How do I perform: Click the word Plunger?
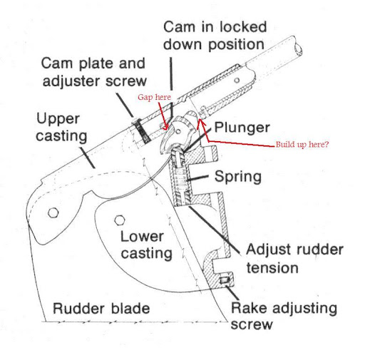pos(242,128)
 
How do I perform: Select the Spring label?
pos(238,178)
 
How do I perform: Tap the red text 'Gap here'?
pos(154,97)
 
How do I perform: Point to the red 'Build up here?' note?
pos(302,144)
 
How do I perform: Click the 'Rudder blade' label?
pos(101,309)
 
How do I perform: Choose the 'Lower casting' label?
pos(146,245)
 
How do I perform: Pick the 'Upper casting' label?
pos(61,128)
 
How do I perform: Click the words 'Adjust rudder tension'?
pos(294,259)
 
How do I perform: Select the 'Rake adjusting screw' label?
pos(284,316)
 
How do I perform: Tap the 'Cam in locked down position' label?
pos(215,36)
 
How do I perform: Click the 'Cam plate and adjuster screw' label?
pos(94,72)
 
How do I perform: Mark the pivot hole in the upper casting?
pos(53,212)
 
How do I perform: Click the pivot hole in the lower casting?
pos(119,220)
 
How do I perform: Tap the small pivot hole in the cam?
pos(178,130)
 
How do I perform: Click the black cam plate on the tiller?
pos(142,130)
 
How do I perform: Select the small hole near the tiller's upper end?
pos(237,80)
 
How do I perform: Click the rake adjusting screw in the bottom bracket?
pos(225,281)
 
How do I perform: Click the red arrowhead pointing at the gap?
pos(165,128)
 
